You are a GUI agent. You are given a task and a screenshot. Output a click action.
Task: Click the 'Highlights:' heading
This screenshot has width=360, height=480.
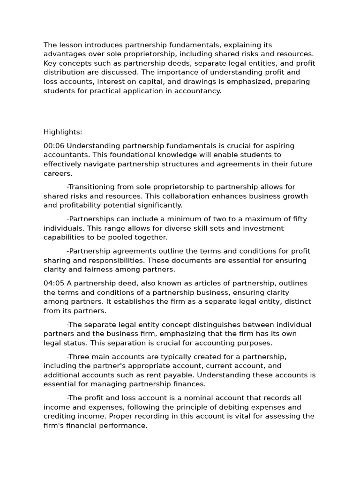click(63, 132)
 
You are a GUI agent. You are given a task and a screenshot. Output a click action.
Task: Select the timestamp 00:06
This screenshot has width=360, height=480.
click(54, 146)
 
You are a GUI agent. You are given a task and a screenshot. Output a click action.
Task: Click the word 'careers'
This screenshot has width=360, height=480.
click(57, 173)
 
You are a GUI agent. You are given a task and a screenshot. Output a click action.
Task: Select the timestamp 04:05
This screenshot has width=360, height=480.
click(54, 283)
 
